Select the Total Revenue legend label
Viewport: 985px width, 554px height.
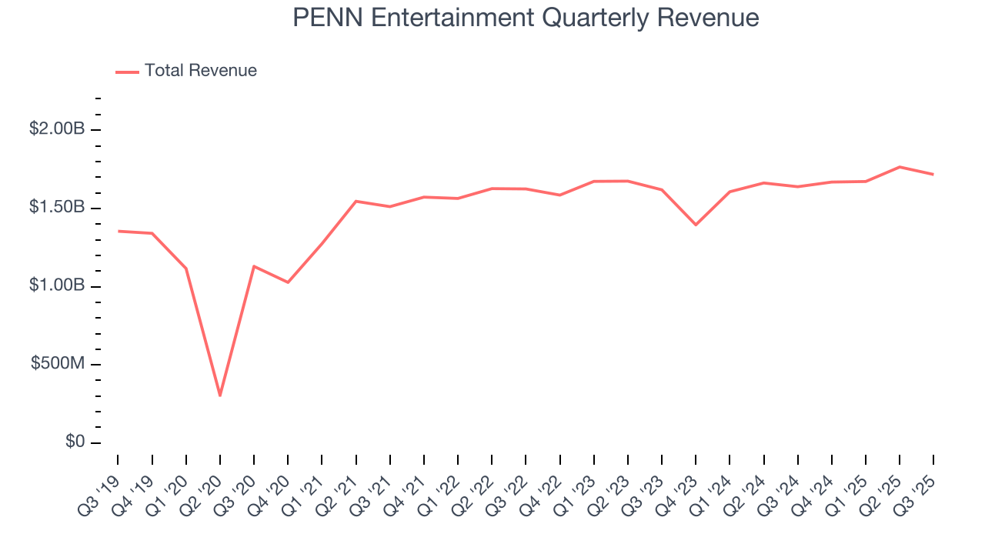(200, 71)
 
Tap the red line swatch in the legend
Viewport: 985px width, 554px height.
(127, 72)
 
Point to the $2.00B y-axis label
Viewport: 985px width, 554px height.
(57, 129)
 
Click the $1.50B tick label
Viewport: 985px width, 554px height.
(57, 208)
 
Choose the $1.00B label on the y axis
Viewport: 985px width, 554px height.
(57, 285)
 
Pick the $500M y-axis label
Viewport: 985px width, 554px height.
(58, 364)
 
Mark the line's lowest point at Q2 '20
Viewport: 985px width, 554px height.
(220, 395)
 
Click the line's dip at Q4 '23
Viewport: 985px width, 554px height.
(696, 225)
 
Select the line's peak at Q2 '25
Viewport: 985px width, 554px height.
(900, 167)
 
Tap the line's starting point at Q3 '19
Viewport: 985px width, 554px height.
(118, 231)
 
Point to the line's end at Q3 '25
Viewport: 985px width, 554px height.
(933, 175)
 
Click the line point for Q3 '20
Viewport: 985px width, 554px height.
(254, 266)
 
